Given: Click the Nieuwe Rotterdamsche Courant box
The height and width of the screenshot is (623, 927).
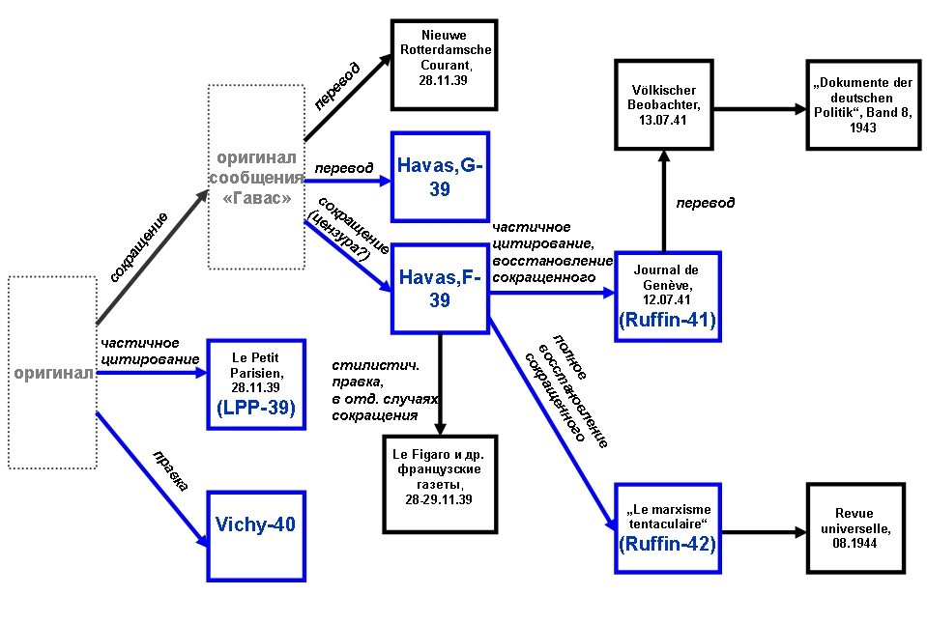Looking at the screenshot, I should (x=443, y=64).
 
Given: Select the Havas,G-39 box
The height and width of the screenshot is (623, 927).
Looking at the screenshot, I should (x=440, y=178).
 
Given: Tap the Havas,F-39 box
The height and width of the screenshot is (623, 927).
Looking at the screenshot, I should (x=440, y=288).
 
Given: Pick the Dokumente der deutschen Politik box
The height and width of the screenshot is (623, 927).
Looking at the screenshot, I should (x=863, y=105).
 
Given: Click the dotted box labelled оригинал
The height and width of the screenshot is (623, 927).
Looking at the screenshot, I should (x=52, y=372).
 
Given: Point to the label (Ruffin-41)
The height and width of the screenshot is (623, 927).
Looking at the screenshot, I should (x=667, y=321).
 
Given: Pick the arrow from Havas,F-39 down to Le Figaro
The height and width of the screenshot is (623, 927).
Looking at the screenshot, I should (x=441, y=382).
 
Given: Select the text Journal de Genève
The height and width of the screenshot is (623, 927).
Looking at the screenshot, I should (x=666, y=277).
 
